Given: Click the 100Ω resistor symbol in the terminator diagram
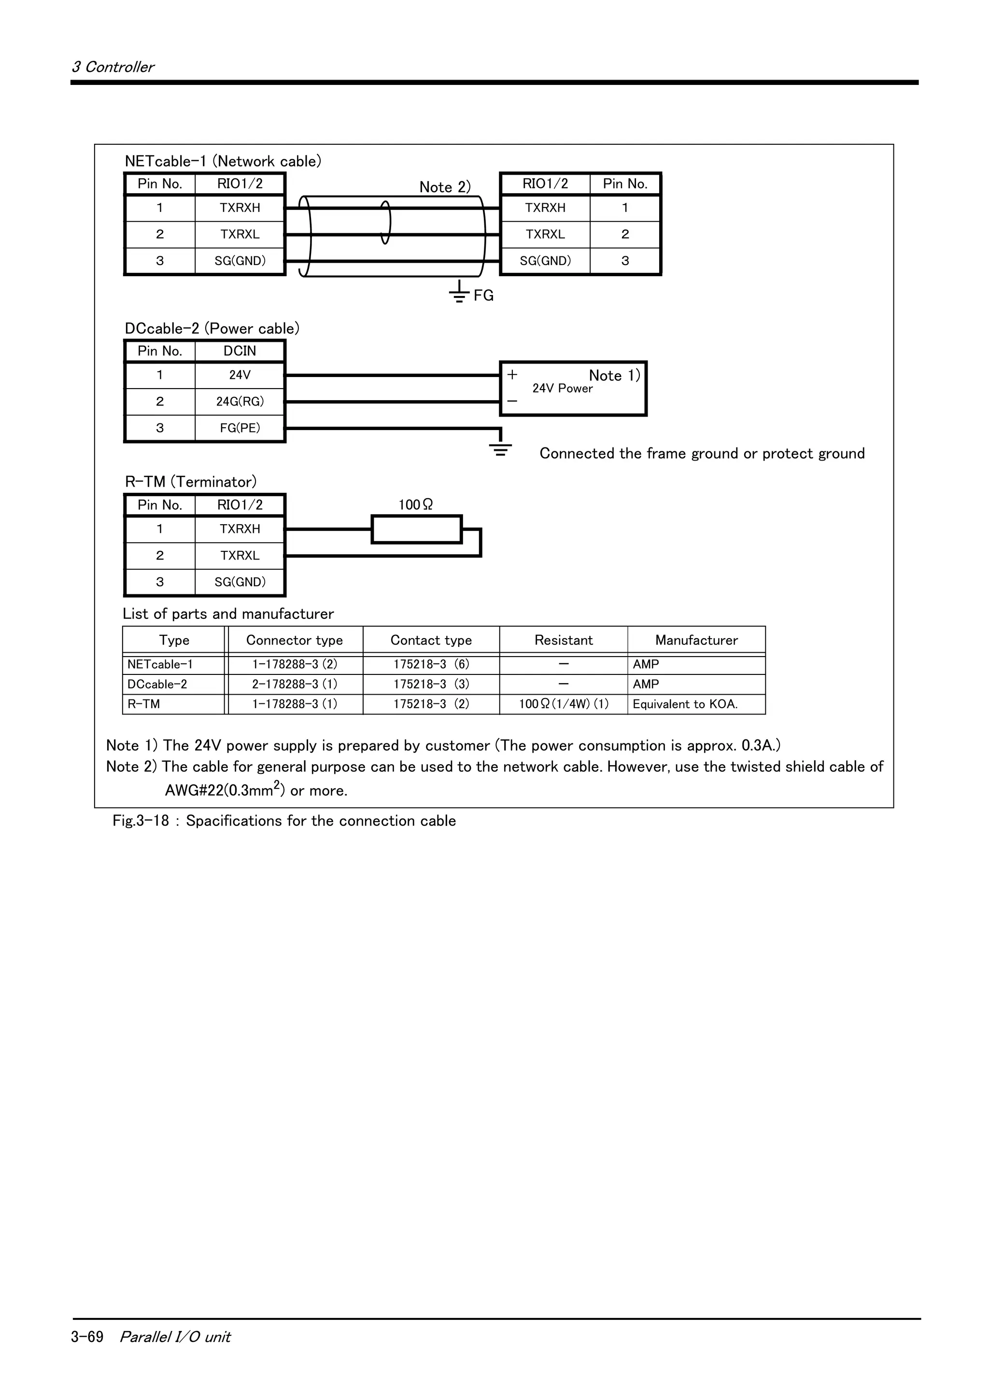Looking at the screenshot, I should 416,529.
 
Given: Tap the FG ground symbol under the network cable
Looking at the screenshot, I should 459,293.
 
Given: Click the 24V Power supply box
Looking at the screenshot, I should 573,389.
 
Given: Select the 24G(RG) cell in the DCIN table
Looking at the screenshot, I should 240,402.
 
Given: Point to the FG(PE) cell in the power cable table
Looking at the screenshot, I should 240,428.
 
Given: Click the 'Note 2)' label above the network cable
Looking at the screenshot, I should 445,187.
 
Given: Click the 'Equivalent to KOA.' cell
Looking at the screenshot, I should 685,704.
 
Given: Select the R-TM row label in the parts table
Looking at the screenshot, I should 144,704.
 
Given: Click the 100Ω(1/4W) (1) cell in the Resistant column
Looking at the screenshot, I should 564,704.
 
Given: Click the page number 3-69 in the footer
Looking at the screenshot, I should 87,1336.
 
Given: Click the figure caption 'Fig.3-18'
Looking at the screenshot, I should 141,821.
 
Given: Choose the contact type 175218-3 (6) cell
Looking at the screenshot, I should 431,664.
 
